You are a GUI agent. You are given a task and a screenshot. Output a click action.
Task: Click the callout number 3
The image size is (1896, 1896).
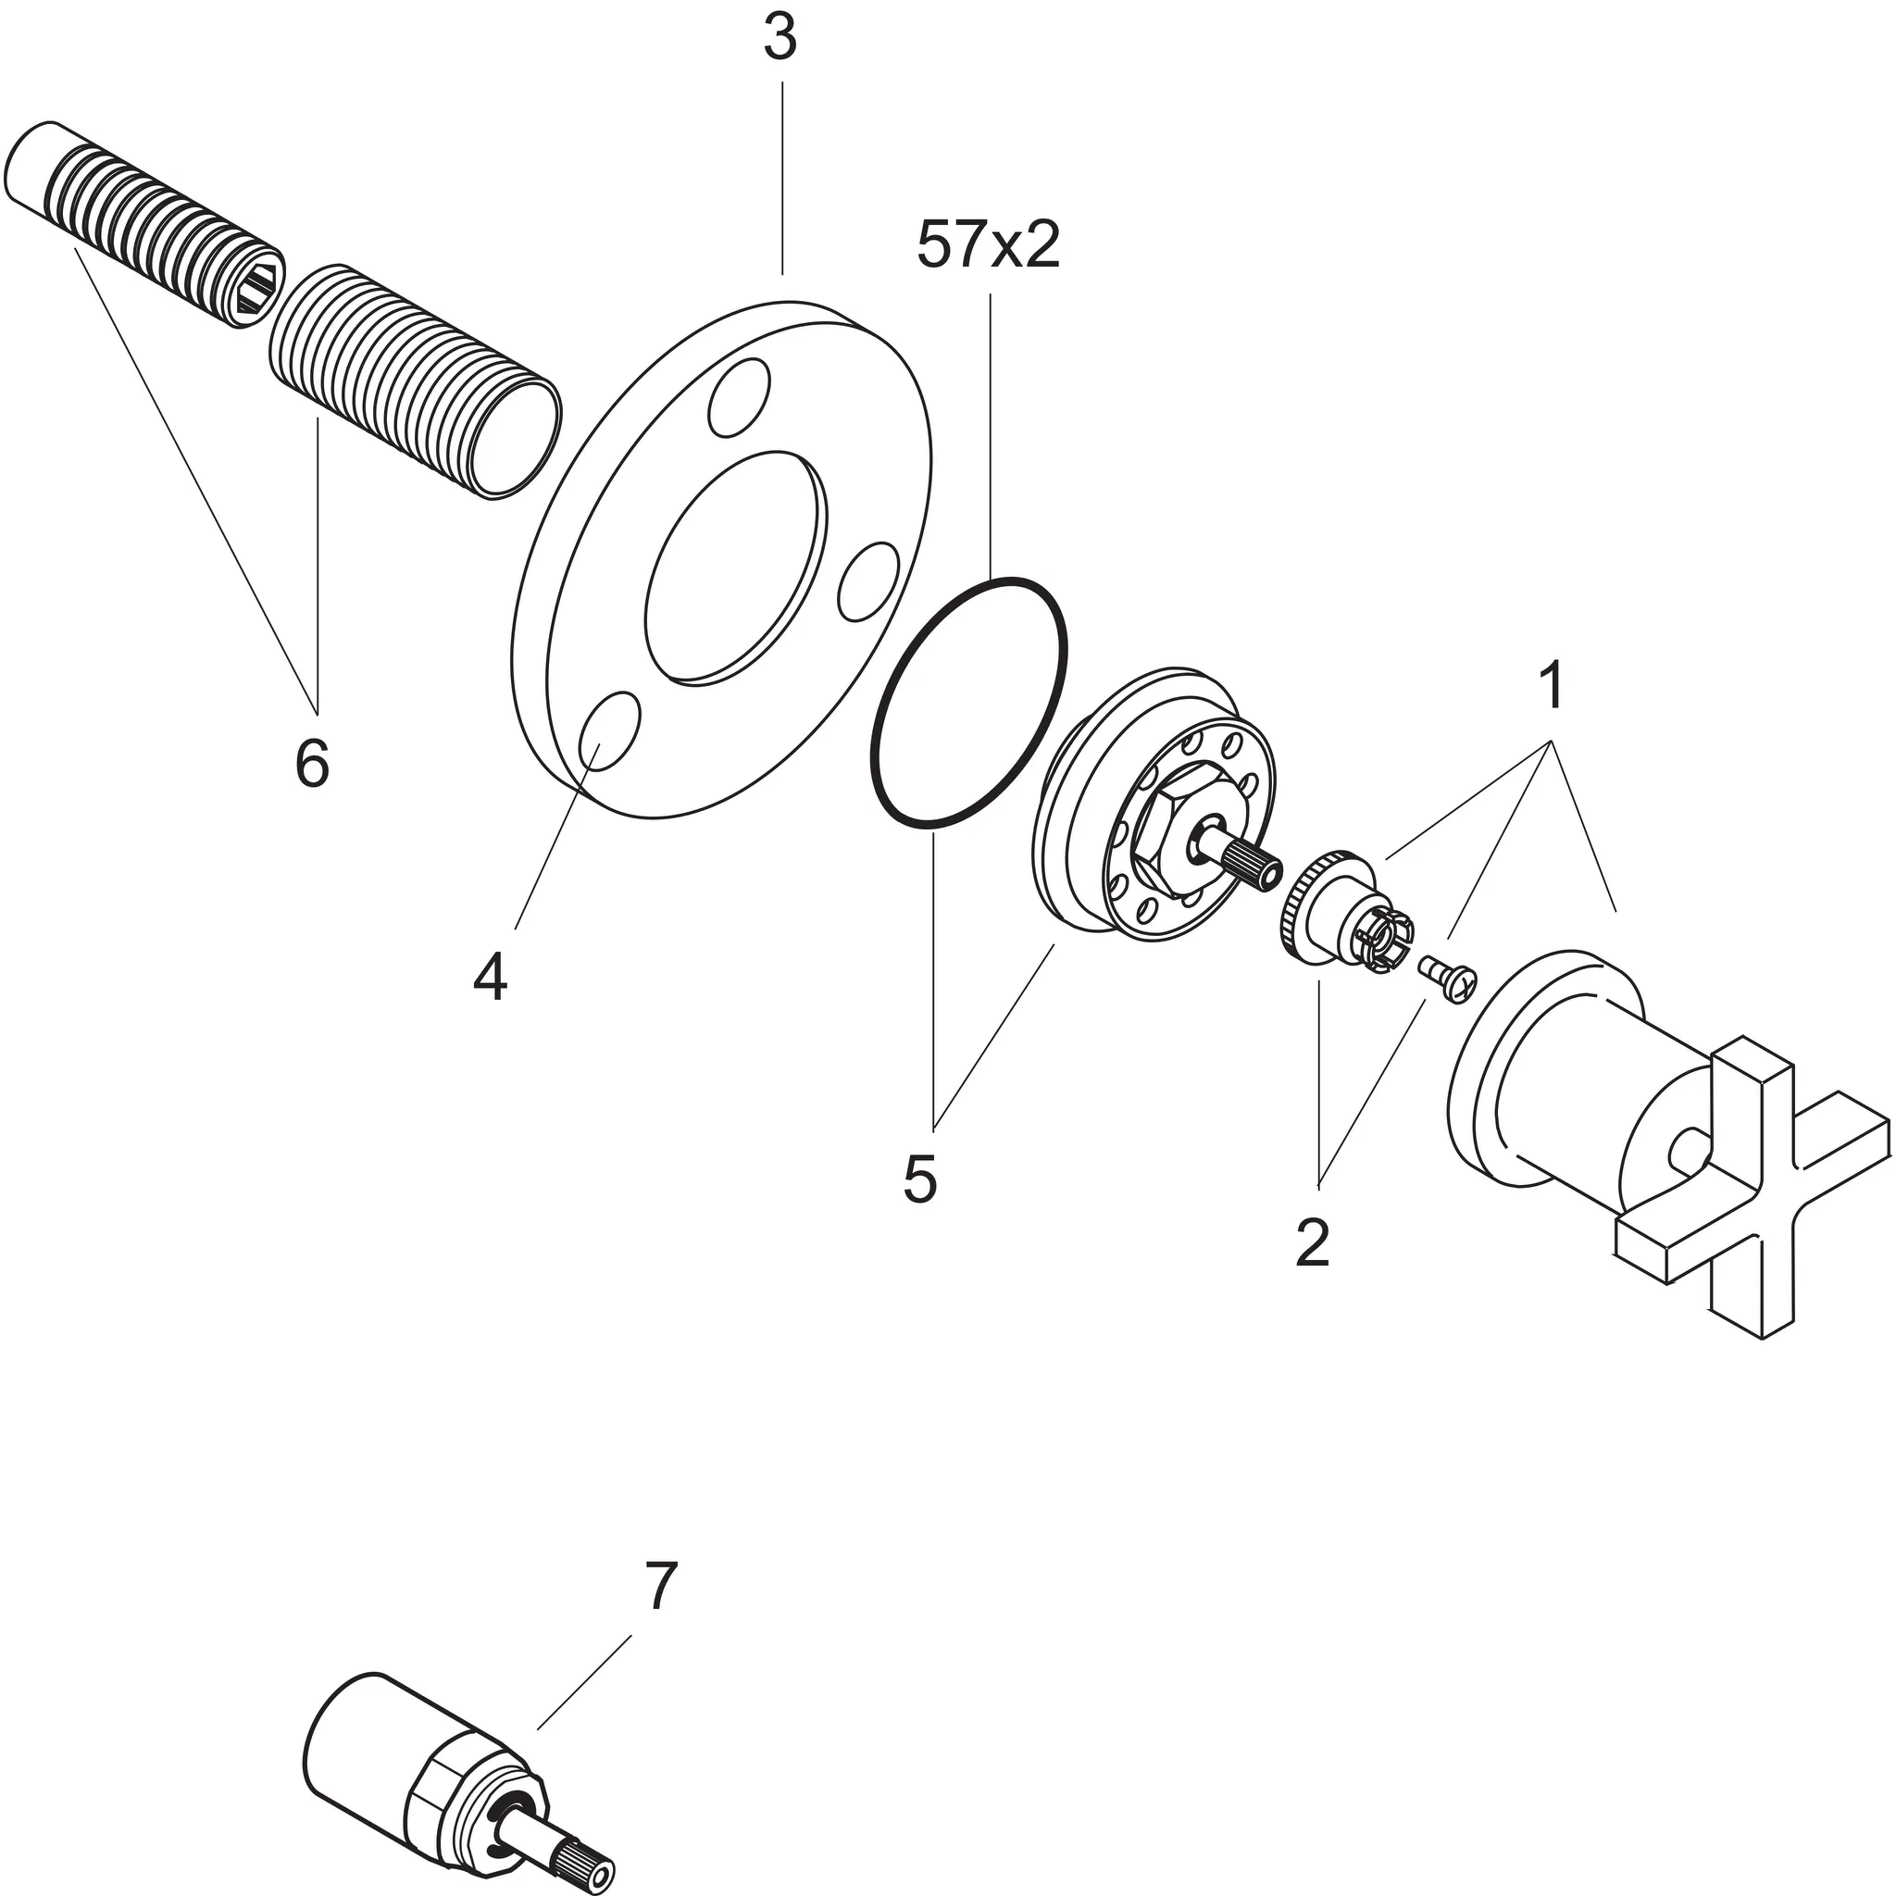(780, 38)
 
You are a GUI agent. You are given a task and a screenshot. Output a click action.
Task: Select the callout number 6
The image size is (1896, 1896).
(312, 763)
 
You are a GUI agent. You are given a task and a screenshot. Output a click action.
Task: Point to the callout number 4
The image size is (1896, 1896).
(490, 978)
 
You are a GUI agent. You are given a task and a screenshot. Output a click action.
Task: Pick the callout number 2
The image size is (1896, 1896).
(1312, 1242)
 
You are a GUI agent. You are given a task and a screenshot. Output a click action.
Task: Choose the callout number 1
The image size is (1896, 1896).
(1552, 686)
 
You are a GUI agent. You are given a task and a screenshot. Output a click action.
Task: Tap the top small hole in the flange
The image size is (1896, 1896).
(738, 396)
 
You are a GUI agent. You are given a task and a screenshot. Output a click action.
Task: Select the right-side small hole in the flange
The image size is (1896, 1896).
(868, 583)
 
